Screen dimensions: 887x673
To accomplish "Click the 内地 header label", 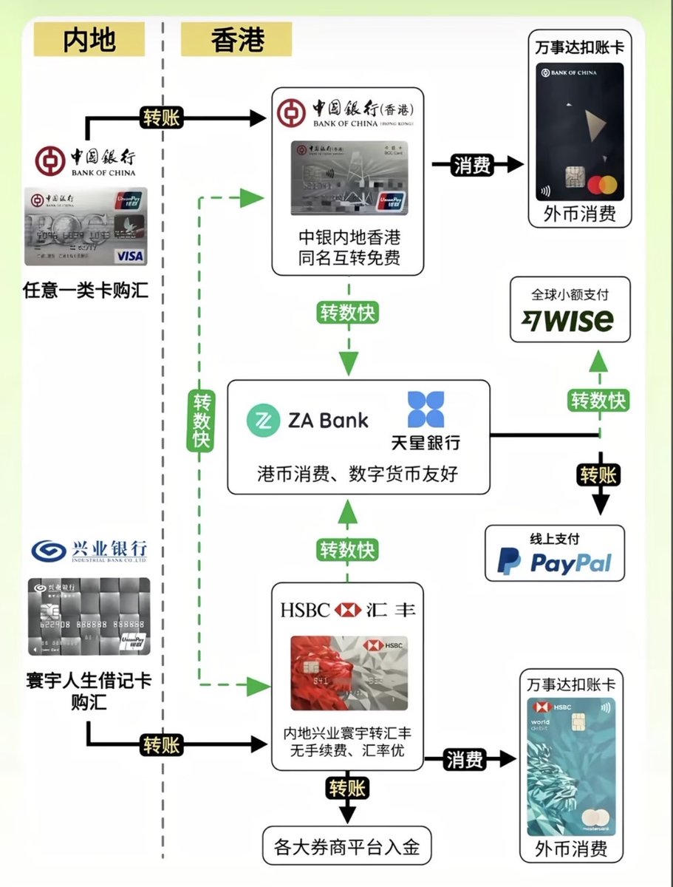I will (x=89, y=39).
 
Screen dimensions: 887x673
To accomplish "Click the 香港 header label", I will (x=236, y=39).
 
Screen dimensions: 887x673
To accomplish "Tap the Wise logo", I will (x=567, y=320).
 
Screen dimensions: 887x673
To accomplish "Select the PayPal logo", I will (x=554, y=563).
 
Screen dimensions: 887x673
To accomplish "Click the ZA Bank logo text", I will (x=307, y=420).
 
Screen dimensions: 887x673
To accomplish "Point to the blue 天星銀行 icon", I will (x=426, y=410).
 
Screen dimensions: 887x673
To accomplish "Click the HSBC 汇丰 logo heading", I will (x=347, y=610).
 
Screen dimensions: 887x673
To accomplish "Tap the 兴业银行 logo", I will (x=89, y=551).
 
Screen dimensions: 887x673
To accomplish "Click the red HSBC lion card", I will (x=349, y=673).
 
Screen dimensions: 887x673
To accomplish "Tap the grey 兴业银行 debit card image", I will (x=89, y=616).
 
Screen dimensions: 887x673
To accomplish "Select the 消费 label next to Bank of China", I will (x=472, y=165).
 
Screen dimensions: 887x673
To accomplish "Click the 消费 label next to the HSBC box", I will (x=465, y=759).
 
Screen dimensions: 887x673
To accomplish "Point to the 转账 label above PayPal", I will (x=598, y=475).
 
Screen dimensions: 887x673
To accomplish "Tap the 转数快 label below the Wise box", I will (x=598, y=401).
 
